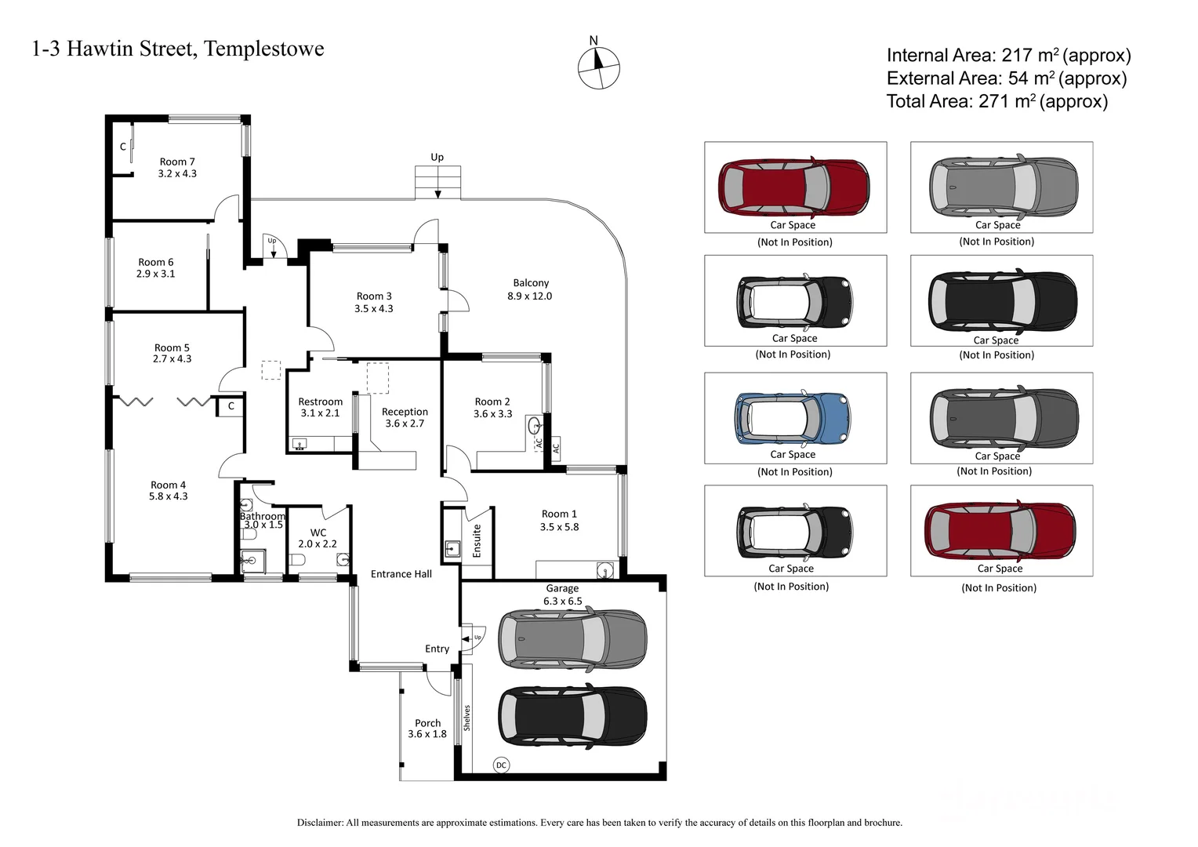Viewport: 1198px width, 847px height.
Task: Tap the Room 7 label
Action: (177, 162)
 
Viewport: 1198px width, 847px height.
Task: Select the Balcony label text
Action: (531, 283)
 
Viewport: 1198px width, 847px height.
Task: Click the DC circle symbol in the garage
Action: (501, 765)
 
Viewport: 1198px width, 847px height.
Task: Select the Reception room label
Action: (405, 412)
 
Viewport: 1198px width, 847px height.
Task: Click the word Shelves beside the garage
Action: (467, 718)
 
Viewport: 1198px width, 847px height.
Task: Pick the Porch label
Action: (427, 723)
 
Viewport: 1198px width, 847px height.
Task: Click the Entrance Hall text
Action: (401, 574)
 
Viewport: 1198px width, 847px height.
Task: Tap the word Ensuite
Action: (477, 541)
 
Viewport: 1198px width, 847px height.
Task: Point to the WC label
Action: (318, 533)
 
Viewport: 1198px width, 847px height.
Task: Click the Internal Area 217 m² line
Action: (1008, 56)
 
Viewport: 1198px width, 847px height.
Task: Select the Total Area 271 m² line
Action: (997, 101)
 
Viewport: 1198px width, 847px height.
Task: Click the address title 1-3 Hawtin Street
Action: (178, 49)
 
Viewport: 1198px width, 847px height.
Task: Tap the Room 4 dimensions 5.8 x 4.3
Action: (169, 496)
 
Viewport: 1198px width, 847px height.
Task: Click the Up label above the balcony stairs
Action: (437, 157)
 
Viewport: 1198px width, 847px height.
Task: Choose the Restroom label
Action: (320, 402)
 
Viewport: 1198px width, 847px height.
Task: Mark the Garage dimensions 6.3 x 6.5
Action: (562, 601)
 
